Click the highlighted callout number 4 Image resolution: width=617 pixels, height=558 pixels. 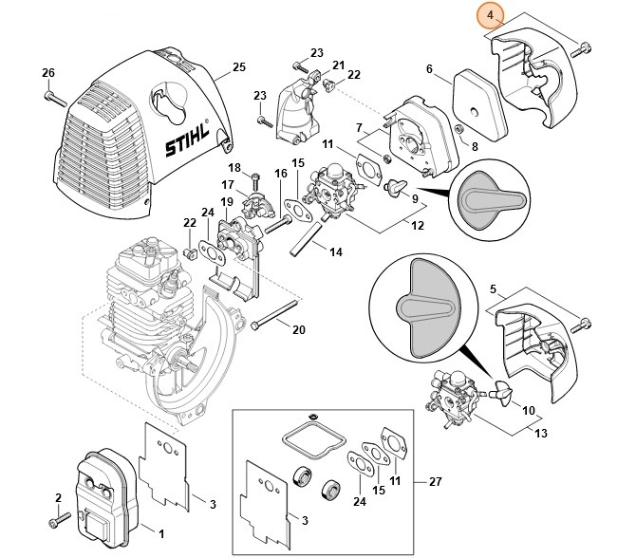tap(489, 16)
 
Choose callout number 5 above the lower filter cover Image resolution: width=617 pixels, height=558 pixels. tap(492, 288)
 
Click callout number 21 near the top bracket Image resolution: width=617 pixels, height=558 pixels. tap(338, 65)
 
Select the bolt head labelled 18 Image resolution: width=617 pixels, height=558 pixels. tap(255, 176)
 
